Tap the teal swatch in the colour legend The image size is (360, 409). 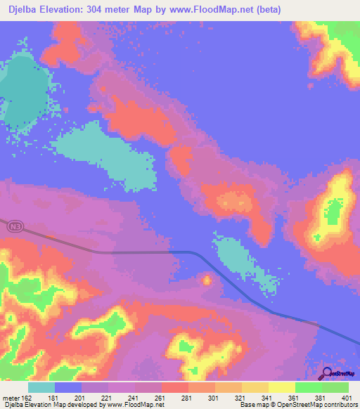pyautogui.click(x=41, y=388)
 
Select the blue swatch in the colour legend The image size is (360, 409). pyautogui.click(x=67, y=388)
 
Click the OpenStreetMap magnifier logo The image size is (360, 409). pyautogui.click(x=327, y=373)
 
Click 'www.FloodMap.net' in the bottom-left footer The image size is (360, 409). pyautogui.click(x=134, y=404)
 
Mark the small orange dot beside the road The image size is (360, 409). pyautogui.click(x=207, y=280)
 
